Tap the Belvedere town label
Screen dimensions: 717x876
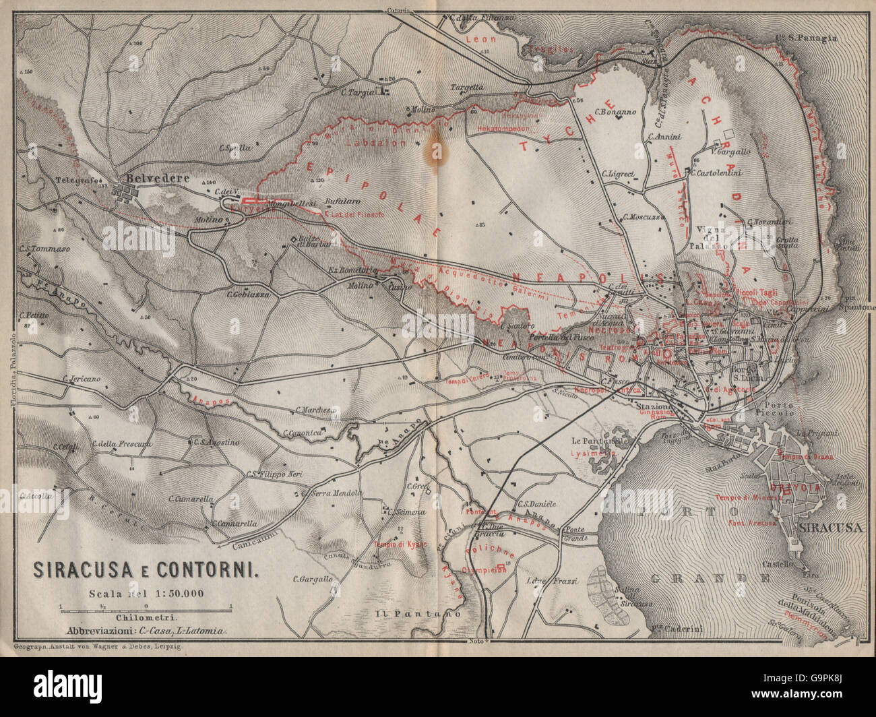click(154, 179)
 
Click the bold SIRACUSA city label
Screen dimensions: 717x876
click(831, 528)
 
